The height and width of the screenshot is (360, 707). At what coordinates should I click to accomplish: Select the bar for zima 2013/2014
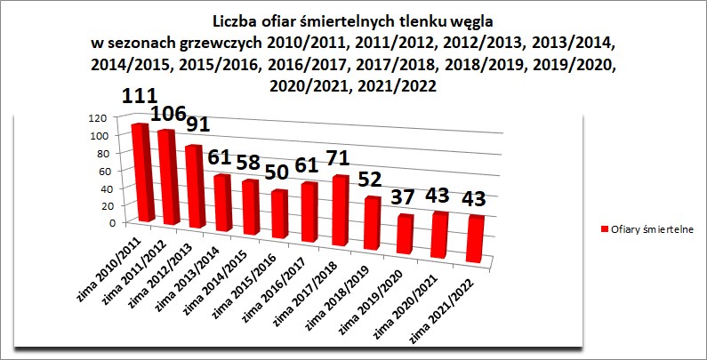pos(222,203)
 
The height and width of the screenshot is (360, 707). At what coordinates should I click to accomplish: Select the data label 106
pos(170,114)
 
